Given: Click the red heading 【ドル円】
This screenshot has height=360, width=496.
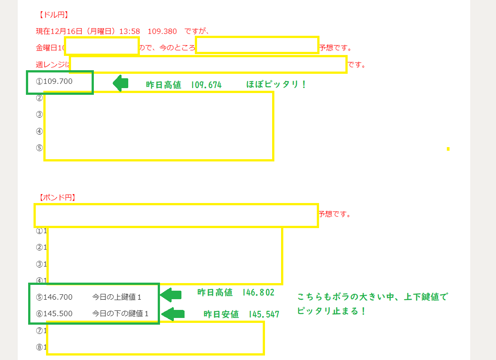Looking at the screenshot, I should (52, 15).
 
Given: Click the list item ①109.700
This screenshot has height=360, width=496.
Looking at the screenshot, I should (54, 81).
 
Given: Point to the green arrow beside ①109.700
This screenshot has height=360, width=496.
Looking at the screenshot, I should (120, 83).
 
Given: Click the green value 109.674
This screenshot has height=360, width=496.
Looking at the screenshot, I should (206, 85).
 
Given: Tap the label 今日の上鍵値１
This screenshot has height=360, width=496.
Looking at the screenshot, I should (117, 296).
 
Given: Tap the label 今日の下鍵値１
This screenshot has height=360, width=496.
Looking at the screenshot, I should (120, 313).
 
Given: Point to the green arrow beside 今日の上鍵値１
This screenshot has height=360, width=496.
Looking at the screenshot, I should (171, 295).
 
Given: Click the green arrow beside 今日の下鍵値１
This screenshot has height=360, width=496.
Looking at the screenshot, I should (173, 314).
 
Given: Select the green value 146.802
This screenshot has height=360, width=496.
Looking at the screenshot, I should (258, 292).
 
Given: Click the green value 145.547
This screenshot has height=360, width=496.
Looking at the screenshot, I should (263, 314).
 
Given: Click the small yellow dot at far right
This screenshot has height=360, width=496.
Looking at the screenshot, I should (448, 149).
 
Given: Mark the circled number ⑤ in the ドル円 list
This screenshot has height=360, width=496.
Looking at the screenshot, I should (39, 148).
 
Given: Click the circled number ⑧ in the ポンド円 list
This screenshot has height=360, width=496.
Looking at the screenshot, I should (39, 347).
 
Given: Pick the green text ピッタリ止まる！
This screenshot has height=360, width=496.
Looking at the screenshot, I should (332, 311).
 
